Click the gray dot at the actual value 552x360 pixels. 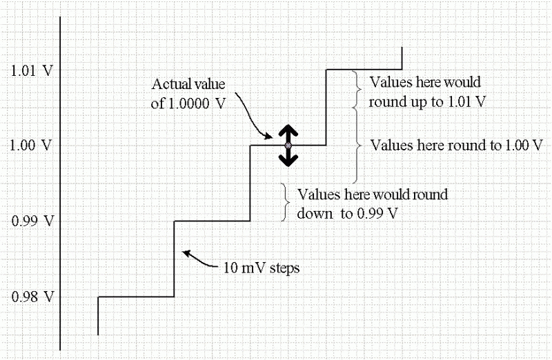tap(288, 146)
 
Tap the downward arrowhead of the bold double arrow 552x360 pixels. tap(288, 161)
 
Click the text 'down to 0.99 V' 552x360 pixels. tap(351, 212)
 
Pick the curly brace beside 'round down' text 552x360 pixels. tap(285, 202)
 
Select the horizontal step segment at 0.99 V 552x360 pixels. tap(211, 221)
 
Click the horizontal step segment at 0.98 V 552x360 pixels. tap(136, 297)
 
